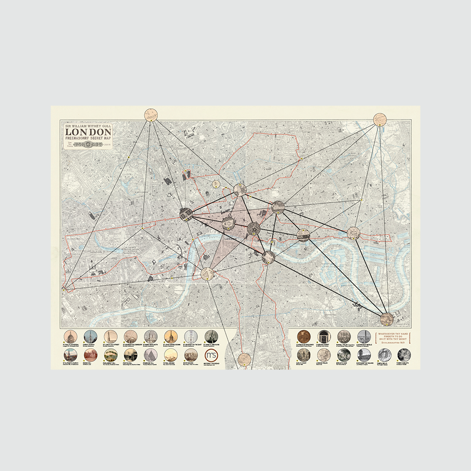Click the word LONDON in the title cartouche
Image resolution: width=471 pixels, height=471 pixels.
pyautogui.click(x=88, y=132)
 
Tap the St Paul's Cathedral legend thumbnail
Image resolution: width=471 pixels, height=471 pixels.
pyautogui.click(x=70, y=336)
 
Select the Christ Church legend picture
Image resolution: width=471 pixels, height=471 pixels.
pyautogui.click(x=90, y=336)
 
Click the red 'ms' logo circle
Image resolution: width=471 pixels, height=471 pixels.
pyautogui.click(x=211, y=355)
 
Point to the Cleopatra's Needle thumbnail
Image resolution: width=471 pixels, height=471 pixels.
pyautogui.click(x=364, y=336)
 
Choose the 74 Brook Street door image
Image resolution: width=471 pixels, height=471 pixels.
pyautogui.click(x=324, y=336)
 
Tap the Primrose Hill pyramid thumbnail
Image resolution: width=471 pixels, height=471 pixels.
pyautogui.click(x=151, y=355)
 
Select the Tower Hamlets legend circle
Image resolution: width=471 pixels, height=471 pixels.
pyautogui.click(x=404, y=355)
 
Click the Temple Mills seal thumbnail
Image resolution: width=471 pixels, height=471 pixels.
pyautogui.click(x=384, y=355)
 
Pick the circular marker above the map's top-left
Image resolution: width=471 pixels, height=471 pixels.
pyautogui.click(x=151, y=115)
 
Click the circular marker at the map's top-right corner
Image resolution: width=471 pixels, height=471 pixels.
pyautogui.click(x=380, y=119)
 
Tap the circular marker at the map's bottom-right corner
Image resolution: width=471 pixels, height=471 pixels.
pyautogui.click(x=386, y=319)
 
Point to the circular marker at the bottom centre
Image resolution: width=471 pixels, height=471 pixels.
pyautogui.click(x=245, y=359)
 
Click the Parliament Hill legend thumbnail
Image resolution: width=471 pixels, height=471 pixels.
pyautogui.click(x=110, y=355)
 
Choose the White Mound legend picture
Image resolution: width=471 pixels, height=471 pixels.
pyautogui.click(x=191, y=355)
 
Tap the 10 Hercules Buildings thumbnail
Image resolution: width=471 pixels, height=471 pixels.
pyautogui.click(x=304, y=336)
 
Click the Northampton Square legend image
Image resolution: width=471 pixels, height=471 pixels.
pyautogui.click(x=364, y=355)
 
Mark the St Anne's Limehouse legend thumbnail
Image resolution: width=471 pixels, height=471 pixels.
pyautogui.click(x=211, y=336)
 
